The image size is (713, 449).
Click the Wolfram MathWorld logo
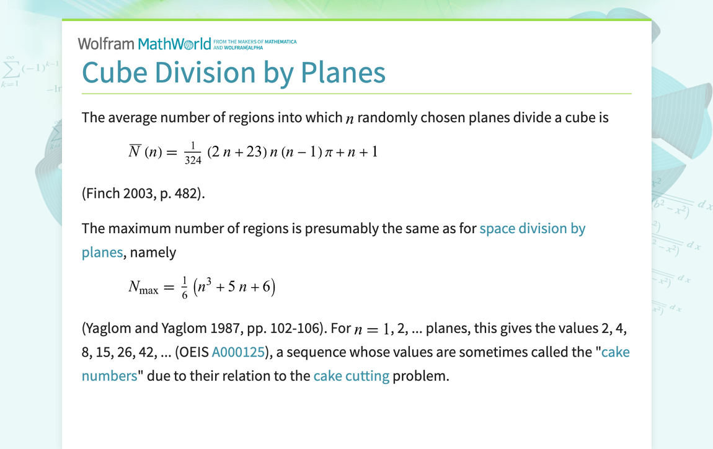click(149, 43)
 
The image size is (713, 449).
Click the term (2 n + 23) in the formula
click(236, 152)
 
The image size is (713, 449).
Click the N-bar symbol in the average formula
click(135, 151)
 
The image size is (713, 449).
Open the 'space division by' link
click(532, 228)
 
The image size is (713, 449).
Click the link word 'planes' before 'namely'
click(103, 252)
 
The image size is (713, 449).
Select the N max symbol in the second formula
click(143, 287)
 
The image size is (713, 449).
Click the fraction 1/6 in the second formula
click(184, 288)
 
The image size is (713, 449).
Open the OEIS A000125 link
click(239, 352)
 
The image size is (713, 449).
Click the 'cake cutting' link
click(351, 376)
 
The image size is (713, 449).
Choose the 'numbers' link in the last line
click(109, 376)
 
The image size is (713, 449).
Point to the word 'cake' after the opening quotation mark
click(616, 352)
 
